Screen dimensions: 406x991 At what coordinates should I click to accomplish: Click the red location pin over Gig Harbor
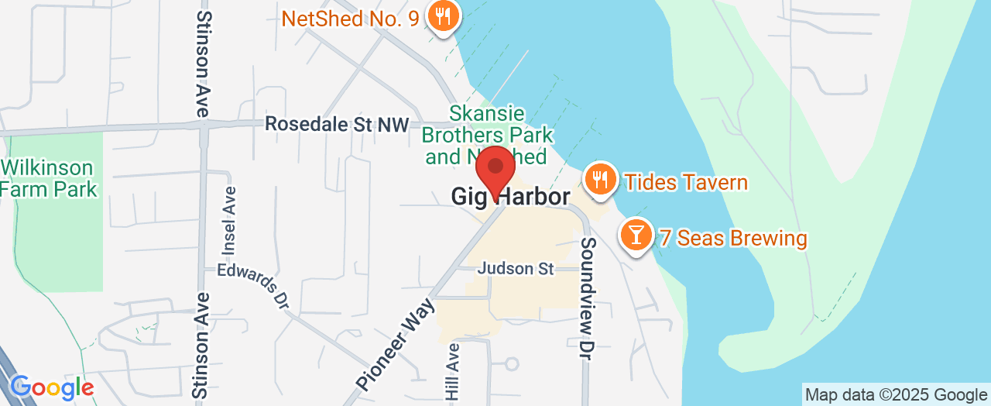pyautogui.click(x=495, y=169)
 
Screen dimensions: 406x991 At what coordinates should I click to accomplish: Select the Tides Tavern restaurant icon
pyautogui.click(x=599, y=180)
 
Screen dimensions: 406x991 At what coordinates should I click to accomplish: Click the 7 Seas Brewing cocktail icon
pyautogui.click(x=637, y=235)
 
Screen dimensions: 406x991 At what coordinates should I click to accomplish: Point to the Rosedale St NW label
pyautogui.click(x=337, y=124)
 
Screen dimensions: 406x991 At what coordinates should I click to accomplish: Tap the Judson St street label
pyautogui.click(x=516, y=269)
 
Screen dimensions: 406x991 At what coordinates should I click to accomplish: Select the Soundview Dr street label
pyautogui.click(x=589, y=294)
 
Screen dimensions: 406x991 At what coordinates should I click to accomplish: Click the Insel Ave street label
pyautogui.click(x=228, y=221)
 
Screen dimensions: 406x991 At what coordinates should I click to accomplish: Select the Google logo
pyautogui.click(x=51, y=387)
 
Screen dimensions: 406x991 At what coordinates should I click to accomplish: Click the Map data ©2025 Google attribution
pyautogui.click(x=896, y=394)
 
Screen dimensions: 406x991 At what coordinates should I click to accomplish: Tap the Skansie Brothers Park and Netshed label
pyautogui.click(x=488, y=135)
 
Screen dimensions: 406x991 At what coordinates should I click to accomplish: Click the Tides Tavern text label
pyautogui.click(x=686, y=183)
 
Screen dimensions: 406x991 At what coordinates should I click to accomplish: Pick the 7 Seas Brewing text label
pyautogui.click(x=732, y=238)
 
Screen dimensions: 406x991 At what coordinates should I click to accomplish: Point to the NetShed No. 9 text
pyautogui.click(x=352, y=18)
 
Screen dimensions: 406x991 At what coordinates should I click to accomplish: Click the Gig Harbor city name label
pyautogui.click(x=510, y=198)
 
